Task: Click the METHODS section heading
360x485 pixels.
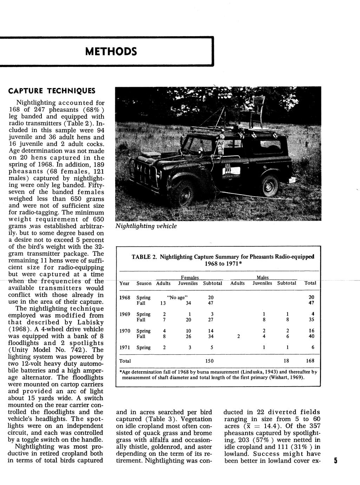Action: click(x=111, y=52)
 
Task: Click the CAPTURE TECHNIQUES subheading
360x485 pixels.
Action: click(x=52, y=91)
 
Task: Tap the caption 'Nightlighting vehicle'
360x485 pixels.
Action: click(x=146, y=226)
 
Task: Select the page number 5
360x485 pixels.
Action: click(x=335, y=461)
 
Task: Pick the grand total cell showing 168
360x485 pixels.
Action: click(x=309, y=361)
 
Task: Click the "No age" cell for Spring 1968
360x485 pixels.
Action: click(x=176, y=297)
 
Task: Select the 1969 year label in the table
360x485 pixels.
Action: click(x=125, y=314)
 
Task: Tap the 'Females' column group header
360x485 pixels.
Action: click(x=190, y=278)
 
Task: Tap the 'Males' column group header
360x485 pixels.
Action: click(x=263, y=278)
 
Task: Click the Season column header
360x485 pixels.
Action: click(x=144, y=283)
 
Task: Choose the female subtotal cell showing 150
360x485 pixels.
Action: click(x=209, y=361)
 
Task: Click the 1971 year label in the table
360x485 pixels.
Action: click(x=125, y=348)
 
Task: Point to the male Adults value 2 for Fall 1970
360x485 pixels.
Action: click(x=238, y=336)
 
